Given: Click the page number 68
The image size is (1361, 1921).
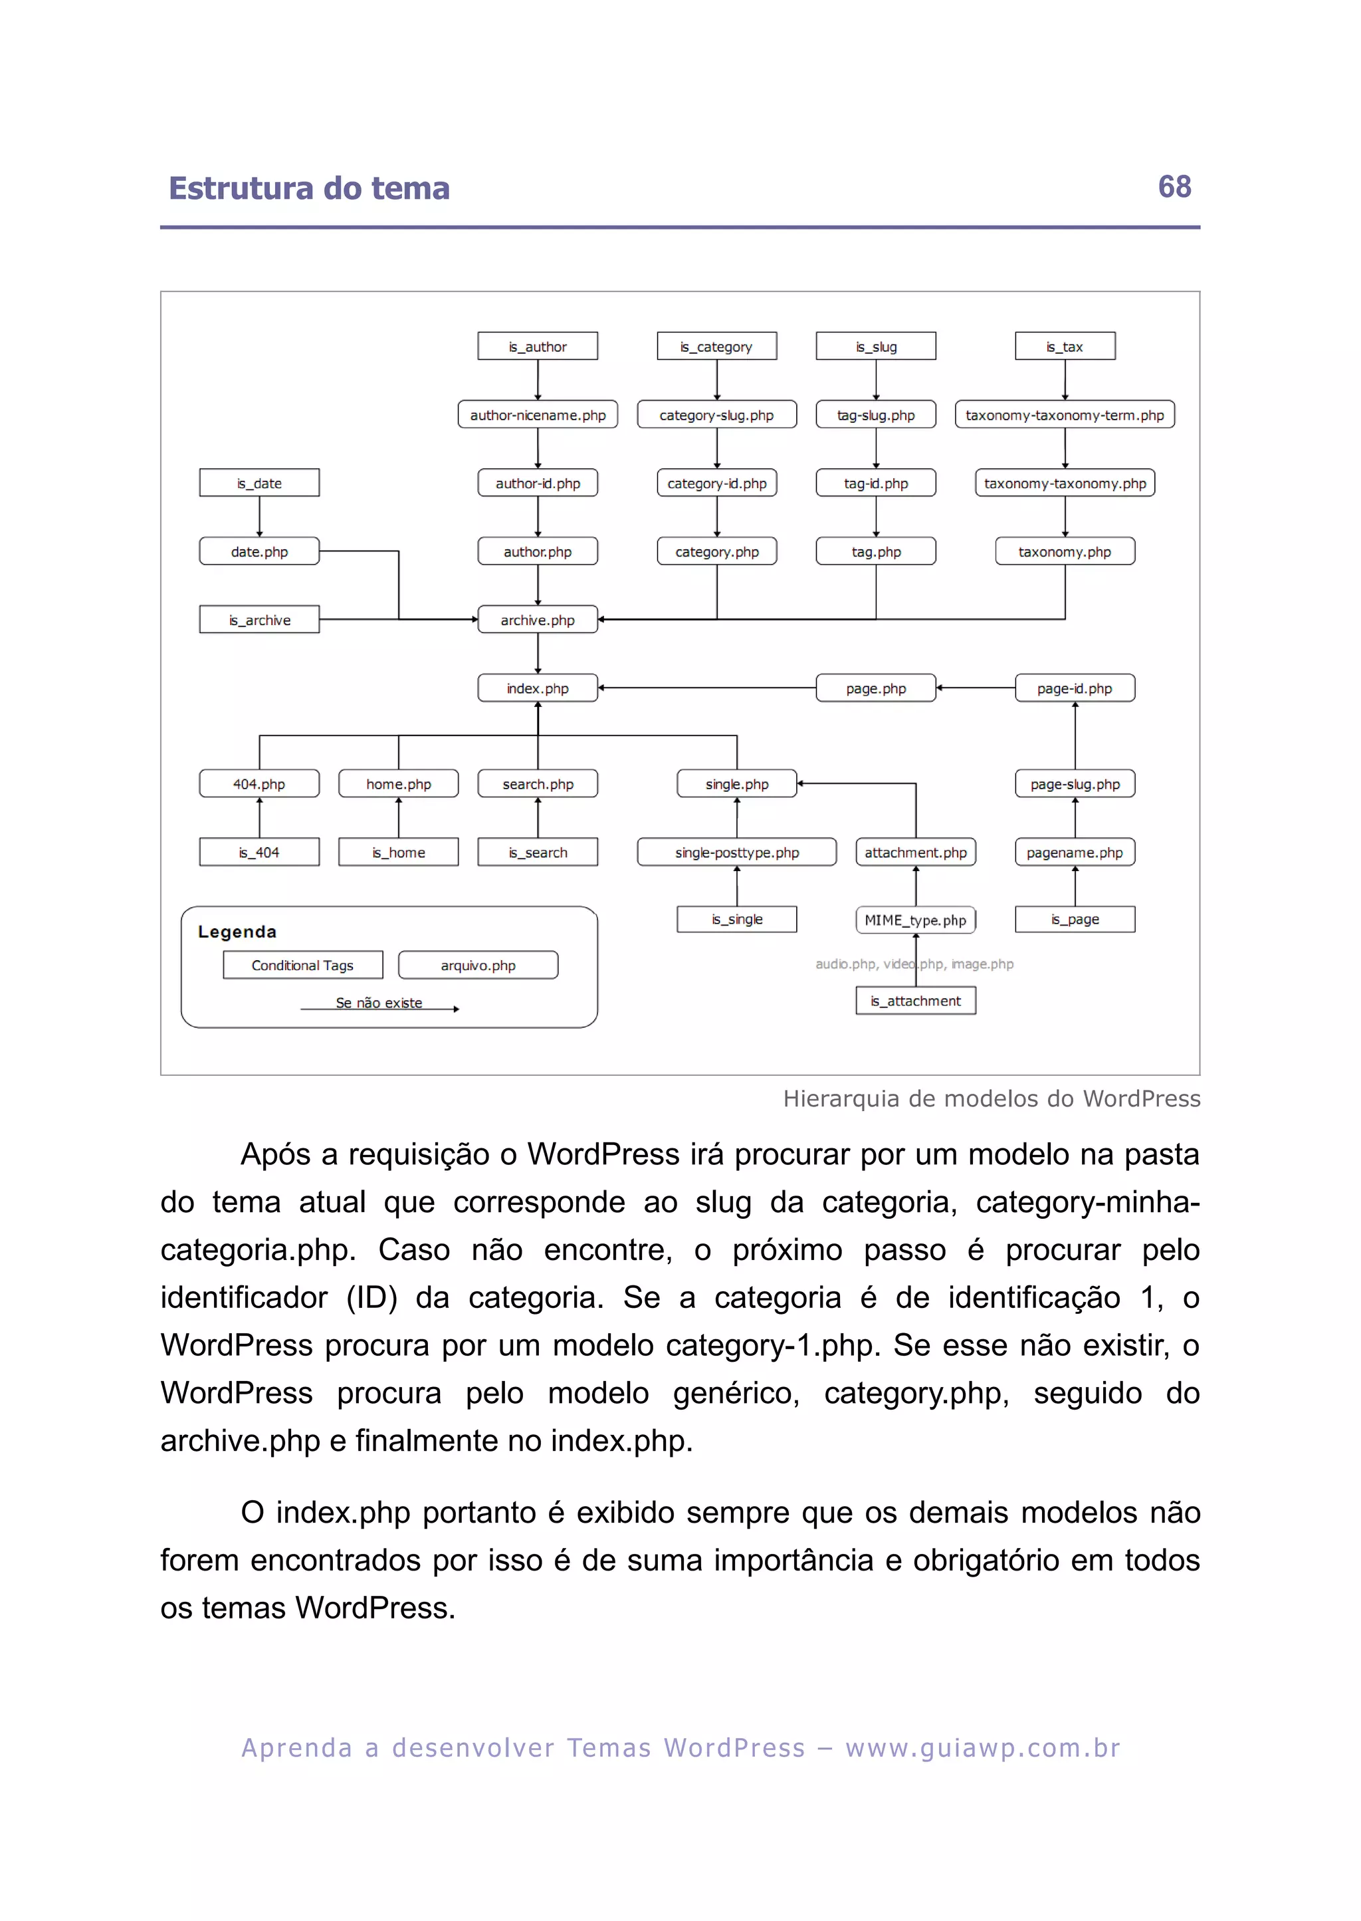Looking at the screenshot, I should pos(1174,186).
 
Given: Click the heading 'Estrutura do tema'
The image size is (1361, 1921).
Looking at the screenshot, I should pos(309,189).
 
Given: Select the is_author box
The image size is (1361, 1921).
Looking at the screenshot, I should pos(537,346).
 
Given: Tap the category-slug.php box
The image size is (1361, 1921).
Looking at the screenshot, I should pos(716,415).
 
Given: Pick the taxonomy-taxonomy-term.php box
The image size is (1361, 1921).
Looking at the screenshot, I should pos(1065,415).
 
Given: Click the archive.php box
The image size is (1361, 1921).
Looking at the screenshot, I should pos(537,620).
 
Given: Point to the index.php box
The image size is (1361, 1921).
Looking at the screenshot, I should pos(537,688).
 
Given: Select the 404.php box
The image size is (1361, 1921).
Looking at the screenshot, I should pos(259,784).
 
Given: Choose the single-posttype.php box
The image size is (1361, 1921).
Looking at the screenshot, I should pos(736,852).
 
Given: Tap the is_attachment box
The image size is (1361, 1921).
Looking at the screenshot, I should pos(915,1000).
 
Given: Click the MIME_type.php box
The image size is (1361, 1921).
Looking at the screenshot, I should pos(915,920).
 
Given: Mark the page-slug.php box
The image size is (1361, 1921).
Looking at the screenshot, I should pos(1075,784).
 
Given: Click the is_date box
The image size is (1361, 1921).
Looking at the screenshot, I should pos(259,483).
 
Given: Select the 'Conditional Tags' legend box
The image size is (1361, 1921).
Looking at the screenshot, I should pos(302,965).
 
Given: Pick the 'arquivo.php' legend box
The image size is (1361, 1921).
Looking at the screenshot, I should pos(478,965).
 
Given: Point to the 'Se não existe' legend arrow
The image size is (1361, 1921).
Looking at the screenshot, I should pos(379,1007).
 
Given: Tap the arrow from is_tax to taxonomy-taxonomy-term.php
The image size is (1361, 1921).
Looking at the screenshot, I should pos(1065,380).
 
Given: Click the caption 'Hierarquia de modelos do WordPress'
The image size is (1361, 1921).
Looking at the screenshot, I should pos(992,1098).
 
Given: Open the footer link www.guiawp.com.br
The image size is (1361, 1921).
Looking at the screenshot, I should pos(982,1747).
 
